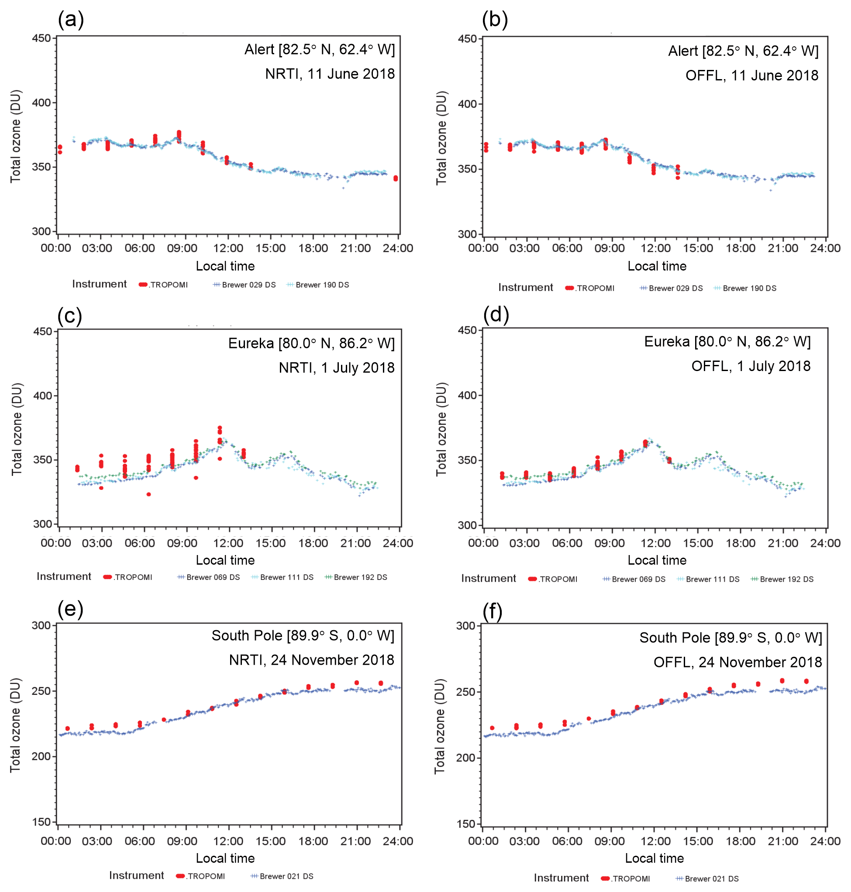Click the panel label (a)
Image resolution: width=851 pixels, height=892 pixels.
tap(70, 20)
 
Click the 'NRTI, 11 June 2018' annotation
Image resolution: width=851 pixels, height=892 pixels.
tap(330, 73)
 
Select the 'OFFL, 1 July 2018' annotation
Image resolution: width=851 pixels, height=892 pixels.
tap(750, 366)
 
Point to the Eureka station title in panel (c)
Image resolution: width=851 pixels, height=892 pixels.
tap(311, 343)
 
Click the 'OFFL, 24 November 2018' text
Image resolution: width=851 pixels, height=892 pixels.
tap(737, 662)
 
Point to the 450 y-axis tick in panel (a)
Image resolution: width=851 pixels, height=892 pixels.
tap(41, 38)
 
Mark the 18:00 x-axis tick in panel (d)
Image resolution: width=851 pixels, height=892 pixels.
tap(741, 543)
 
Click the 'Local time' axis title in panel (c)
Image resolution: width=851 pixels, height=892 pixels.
tap(225, 560)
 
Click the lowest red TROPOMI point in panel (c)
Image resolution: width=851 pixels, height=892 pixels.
tap(148, 494)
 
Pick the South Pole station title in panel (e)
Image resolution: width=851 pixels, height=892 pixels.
tap(303, 635)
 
